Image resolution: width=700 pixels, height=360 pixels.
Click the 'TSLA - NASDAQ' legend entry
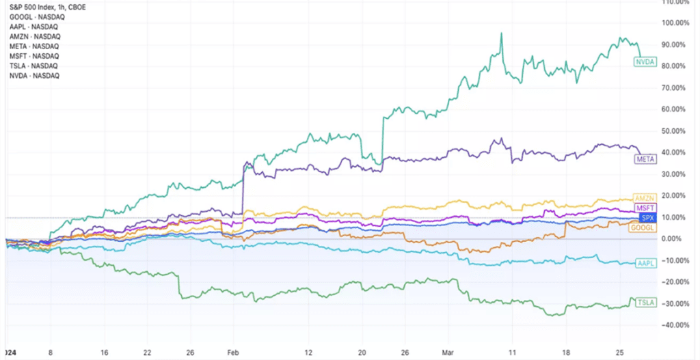[34, 66]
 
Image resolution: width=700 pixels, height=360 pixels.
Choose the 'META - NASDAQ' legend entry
[34, 46]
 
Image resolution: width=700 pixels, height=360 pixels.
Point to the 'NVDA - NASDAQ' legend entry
[34, 75]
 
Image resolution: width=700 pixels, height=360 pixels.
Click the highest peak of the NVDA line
[502, 33]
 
